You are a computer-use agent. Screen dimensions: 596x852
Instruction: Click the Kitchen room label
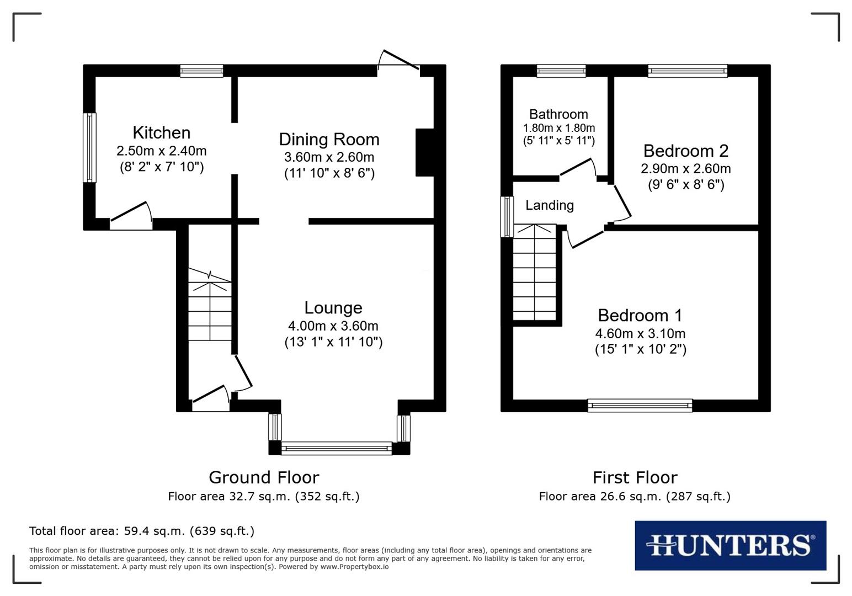pyautogui.click(x=161, y=132)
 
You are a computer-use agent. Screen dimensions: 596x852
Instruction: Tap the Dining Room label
pyautogui.click(x=329, y=139)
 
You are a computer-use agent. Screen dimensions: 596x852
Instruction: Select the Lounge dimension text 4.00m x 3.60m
pyautogui.click(x=333, y=326)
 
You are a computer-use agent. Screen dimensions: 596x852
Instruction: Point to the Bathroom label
pyautogui.click(x=558, y=114)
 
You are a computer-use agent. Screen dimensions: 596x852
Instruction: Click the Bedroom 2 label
pyautogui.click(x=685, y=151)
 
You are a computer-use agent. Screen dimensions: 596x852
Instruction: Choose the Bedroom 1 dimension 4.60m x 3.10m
pyautogui.click(x=640, y=333)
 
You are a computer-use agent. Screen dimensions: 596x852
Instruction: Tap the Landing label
pyautogui.click(x=549, y=205)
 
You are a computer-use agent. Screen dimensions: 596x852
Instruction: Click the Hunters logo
pyautogui.click(x=730, y=545)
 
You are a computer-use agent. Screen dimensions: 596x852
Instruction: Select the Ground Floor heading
pyautogui.click(x=264, y=477)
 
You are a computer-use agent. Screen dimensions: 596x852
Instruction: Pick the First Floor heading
pyautogui.click(x=635, y=477)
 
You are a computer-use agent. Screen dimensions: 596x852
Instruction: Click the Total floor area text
pyautogui.click(x=142, y=531)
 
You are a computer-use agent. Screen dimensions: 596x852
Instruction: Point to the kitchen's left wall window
pyautogui.click(x=89, y=147)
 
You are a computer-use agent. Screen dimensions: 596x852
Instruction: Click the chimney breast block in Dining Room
pyautogui.click(x=424, y=152)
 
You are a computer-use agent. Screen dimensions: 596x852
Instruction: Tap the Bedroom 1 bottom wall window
pyautogui.click(x=640, y=406)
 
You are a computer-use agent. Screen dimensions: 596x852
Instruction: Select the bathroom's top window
pyautogui.click(x=561, y=70)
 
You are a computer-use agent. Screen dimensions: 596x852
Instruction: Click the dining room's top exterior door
pyautogui.click(x=398, y=62)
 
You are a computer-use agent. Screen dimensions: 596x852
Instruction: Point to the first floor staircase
pyautogui.click(x=534, y=273)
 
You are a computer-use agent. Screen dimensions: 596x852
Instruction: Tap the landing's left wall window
pyautogui.click(x=507, y=217)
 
